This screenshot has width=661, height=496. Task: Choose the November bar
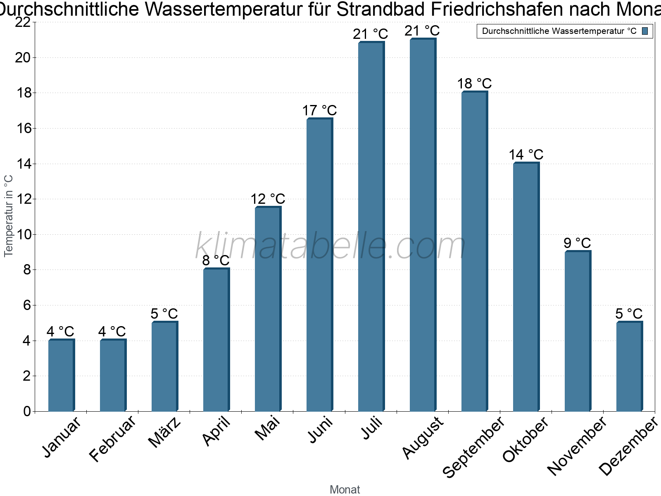click(x=578, y=331)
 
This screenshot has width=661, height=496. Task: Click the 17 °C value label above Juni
click(x=319, y=111)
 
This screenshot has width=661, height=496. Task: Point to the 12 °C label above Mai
click(x=268, y=199)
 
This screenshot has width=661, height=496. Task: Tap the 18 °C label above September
click(x=474, y=83)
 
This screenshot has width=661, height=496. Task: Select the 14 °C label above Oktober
click(x=526, y=155)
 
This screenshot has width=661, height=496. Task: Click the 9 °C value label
click(x=577, y=243)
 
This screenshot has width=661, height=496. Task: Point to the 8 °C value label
click(x=216, y=260)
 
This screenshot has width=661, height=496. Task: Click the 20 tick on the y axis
click(x=23, y=57)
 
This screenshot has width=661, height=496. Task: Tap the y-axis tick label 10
click(x=23, y=235)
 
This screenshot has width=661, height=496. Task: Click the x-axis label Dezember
click(x=628, y=446)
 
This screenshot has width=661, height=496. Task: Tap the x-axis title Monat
click(x=345, y=490)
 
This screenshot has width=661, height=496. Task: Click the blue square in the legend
click(x=645, y=31)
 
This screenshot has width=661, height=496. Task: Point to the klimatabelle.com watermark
click(x=330, y=246)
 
